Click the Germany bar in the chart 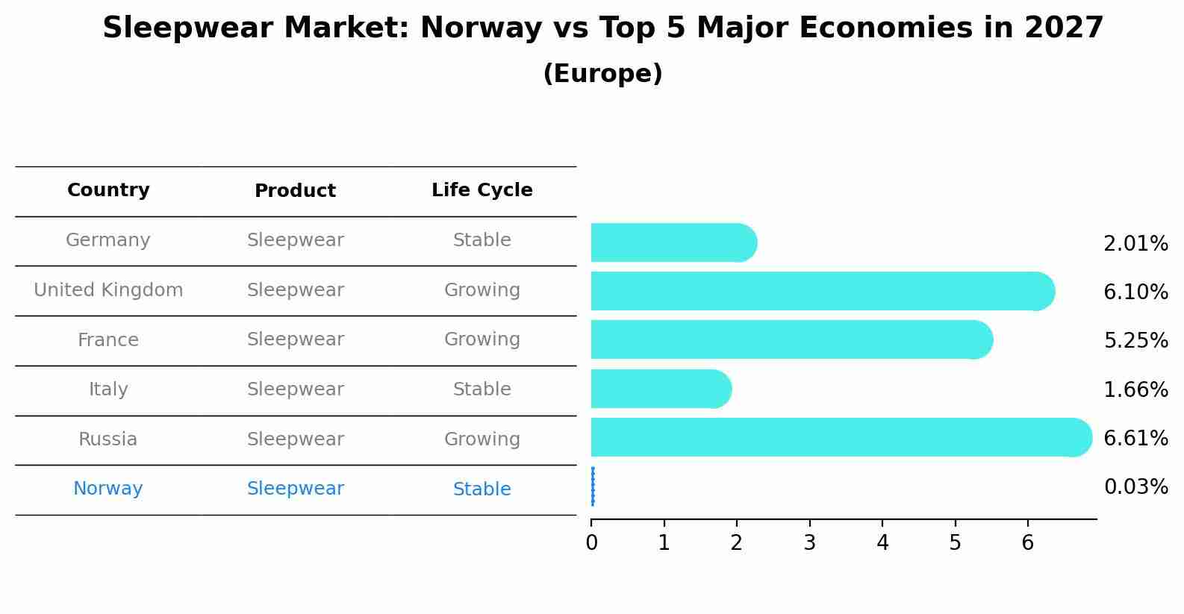pos(672,242)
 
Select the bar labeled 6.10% pos(821,291)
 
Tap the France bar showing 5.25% pos(791,340)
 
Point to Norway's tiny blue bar pos(593,486)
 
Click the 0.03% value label pos(1135,487)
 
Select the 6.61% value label pos(1135,438)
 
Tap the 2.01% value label pos(1135,244)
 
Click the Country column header pos(108,190)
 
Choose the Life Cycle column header pos(482,190)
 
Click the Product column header pos(295,191)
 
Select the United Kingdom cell pos(108,290)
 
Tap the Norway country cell pos(108,489)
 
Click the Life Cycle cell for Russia pos(482,439)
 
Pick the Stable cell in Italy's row pos(482,389)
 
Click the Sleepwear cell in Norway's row pos(295,489)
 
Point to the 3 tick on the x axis pos(809,542)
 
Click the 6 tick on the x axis pos(1028,542)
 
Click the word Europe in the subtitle pos(602,74)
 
